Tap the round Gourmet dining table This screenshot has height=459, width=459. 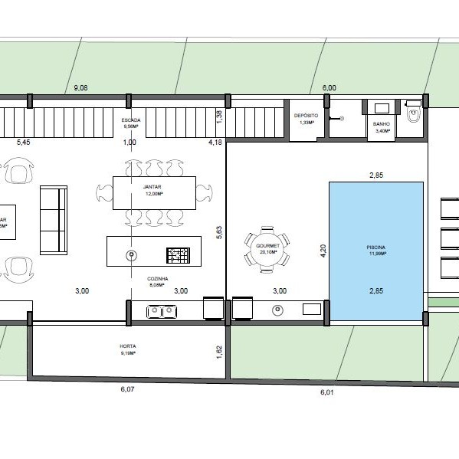coord(267,248)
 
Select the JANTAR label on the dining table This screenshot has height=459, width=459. coord(153,189)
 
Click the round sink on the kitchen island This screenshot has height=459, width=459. coord(131,254)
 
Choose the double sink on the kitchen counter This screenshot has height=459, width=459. coord(160,310)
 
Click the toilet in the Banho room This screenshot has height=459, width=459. coord(415,116)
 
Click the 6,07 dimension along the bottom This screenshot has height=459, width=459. coord(127,389)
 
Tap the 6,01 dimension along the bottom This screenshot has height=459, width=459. coord(326,392)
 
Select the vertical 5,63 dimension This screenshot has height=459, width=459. coord(219,232)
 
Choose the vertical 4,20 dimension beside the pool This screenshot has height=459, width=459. coord(322,248)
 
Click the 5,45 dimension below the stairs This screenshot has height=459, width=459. coord(24,143)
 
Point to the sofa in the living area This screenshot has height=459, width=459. coord(53,220)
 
